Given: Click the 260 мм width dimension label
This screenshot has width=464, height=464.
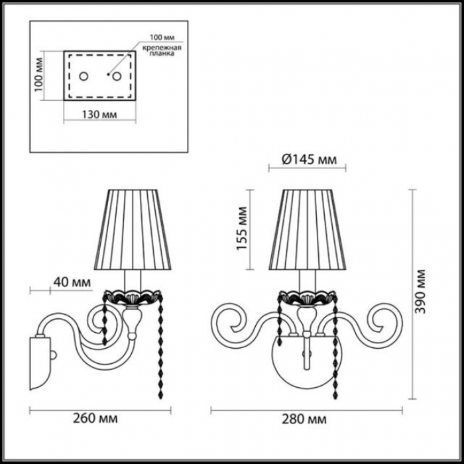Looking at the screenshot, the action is click(x=95, y=418).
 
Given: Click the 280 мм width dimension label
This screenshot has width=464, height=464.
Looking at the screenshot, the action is click(x=304, y=419).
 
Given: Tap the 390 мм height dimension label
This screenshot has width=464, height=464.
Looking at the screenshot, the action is click(x=420, y=292).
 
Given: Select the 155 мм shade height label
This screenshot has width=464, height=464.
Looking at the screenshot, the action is click(x=243, y=229).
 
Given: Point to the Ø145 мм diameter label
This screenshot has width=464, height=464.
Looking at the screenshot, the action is click(x=310, y=160).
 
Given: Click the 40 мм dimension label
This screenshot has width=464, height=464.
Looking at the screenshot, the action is click(x=72, y=282).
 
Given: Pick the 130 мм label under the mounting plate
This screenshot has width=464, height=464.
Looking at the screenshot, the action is click(x=99, y=115).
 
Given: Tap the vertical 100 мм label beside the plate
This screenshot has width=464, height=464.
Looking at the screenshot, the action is click(x=38, y=74).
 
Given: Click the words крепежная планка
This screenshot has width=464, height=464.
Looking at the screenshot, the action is click(x=162, y=51).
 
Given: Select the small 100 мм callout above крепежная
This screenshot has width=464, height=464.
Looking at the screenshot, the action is click(x=162, y=38).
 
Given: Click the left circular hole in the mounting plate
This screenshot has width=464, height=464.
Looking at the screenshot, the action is click(x=84, y=76).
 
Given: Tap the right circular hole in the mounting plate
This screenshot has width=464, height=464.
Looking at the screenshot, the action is click(x=117, y=76).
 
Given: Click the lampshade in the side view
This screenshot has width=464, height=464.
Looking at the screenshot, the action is click(x=133, y=229).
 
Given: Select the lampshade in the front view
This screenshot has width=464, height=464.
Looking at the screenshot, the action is click(x=308, y=229).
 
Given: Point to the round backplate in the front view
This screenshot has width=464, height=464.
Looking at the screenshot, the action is click(x=307, y=362).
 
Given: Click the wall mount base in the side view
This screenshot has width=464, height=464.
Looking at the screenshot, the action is click(x=40, y=362).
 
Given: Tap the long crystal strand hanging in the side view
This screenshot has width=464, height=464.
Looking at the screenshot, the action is click(x=161, y=345).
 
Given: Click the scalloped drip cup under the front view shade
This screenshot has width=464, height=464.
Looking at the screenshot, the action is click(x=308, y=298).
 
